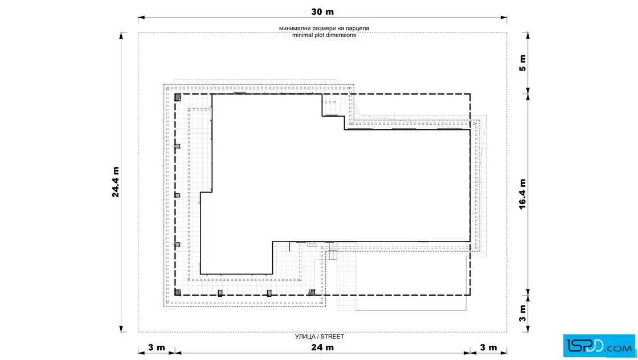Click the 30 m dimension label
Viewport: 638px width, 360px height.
pos(322,12)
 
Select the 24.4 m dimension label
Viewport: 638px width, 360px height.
pos(116,182)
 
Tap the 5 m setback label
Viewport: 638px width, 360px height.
pos(522,63)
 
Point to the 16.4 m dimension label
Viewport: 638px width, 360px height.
pos(522,194)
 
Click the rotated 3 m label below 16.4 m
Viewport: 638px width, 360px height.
pos(522,313)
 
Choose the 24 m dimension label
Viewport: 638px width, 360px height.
pos(322,347)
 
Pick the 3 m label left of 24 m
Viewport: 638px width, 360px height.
pos(156,347)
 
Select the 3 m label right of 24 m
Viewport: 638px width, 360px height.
pos(488,347)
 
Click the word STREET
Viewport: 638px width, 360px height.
pos(332,337)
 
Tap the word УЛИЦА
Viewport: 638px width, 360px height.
pos(305,337)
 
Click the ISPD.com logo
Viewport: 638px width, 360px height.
pos(599,346)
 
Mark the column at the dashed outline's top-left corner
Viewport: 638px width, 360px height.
pos(177,97)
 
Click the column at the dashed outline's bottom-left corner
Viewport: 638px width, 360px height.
pos(177,292)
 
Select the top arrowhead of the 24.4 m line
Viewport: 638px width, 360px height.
pos(121,35)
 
